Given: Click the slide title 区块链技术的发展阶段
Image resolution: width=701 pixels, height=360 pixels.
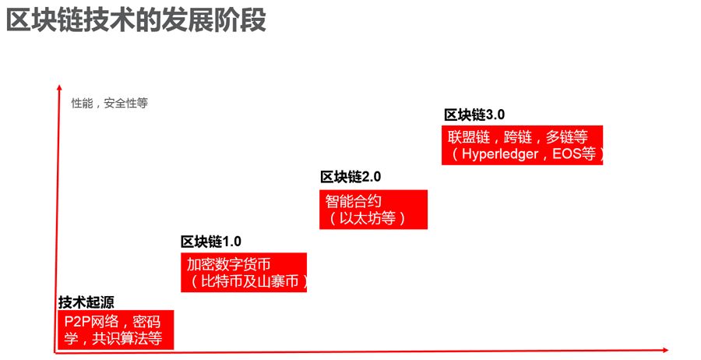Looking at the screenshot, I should pyautogui.click(x=136, y=21).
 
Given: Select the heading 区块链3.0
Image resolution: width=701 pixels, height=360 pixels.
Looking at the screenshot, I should pyautogui.click(x=474, y=115).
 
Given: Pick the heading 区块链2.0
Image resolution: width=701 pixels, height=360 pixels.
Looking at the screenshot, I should pyautogui.click(x=350, y=177).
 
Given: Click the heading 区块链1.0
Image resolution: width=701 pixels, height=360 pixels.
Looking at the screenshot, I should pyautogui.click(x=211, y=242).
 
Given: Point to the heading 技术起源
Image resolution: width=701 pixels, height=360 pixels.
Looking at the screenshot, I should pyautogui.click(x=86, y=302).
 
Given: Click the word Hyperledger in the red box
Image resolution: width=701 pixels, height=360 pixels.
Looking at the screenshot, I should pyautogui.click(x=502, y=154).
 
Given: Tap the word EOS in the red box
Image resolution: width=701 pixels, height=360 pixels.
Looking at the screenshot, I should pyautogui.click(x=567, y=154).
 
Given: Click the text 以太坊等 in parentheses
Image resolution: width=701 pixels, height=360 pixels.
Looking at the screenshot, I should pyautogui.click(x=367, y=217).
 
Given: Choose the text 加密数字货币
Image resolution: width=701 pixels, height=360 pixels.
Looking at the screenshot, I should pyautogui.click(x=228, y=264).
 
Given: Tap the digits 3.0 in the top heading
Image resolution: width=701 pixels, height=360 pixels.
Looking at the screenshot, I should pyautogui.click(x=495, y=115).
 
